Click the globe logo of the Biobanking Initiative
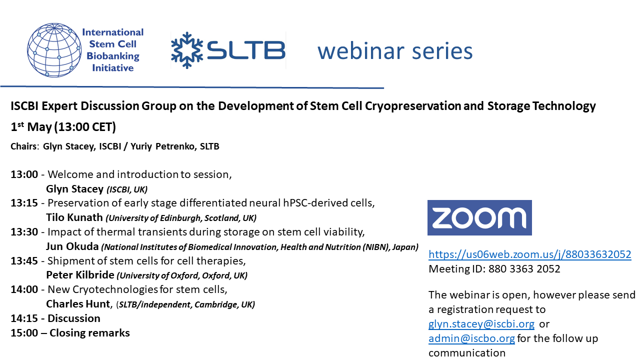[x=54, y=50]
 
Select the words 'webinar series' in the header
[x=395, y=51]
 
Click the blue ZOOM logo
[x=479, y=217]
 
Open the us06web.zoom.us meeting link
[x=529, y=254]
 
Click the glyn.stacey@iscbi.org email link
[x=481, y=324]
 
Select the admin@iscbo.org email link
[x=471, y=338]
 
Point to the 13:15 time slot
[x=24, y=203]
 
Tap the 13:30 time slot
[x=24, y=232]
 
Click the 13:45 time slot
[x=24, y=261]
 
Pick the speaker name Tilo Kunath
[x=74, y=217]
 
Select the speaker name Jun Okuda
[x=72, y=246]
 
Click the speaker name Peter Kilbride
[x=80, y=275]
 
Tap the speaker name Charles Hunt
[x=77, y=304]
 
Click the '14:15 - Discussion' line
[x=55, y=318]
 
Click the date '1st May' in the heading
[x=31, y=127]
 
